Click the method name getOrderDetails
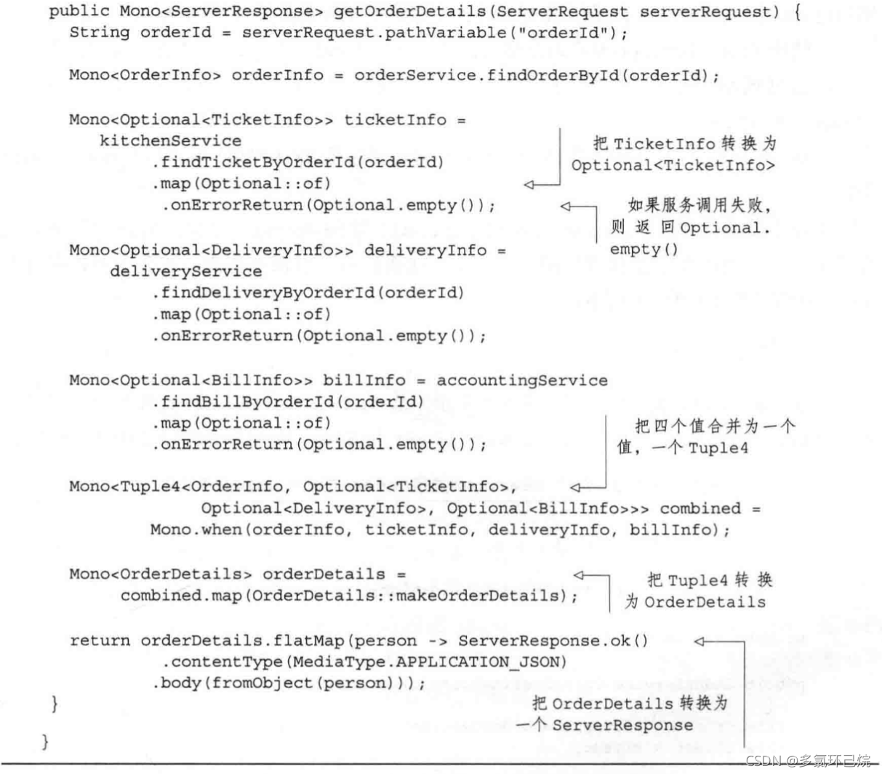tap(409, 12)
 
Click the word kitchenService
tap(170, 141)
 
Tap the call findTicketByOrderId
tap(257, 162)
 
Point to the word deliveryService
tap(186, 272)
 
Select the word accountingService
tap(522, 380)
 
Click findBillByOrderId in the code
tap(246, 402)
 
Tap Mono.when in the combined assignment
tap(196, 530)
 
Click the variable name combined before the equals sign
tap(700, 508)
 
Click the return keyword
tap(100, 641)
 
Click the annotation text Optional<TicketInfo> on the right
tap(673, 166)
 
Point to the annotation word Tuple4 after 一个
tap(718, 448)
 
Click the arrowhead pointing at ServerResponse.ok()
tap(699, 642)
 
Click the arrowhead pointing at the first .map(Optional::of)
tap(529, 185)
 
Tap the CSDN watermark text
tap(808, 761)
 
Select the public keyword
tap(79, 12)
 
